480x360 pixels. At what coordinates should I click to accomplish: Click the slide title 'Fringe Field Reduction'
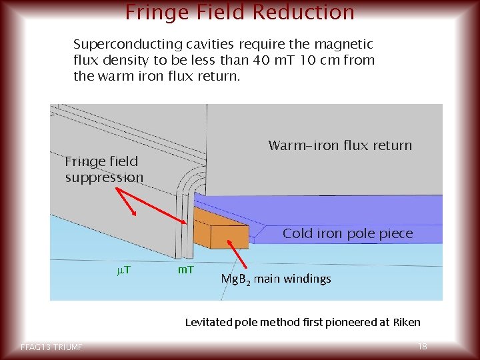[240, 11]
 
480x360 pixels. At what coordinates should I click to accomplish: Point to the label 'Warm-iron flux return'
[340, 145]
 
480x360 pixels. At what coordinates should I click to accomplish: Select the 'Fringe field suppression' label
[103, 169]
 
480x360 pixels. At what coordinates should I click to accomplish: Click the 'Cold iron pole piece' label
[347, 233]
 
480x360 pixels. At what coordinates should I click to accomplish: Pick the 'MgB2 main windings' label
[275, 279]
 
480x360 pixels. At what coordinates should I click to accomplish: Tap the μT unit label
[123, 269]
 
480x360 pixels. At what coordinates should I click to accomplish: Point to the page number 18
[422, 347]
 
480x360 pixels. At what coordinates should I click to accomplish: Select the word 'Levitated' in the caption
[207, 322]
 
